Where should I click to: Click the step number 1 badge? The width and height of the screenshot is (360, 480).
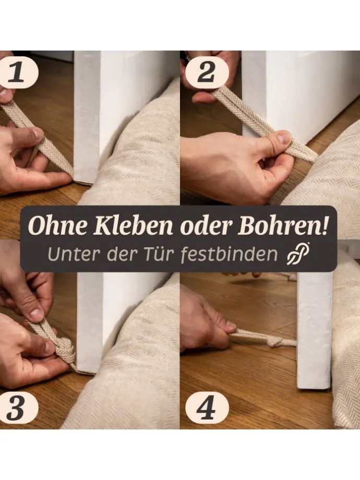point(17,73)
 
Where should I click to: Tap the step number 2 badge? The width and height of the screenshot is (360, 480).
point(207,73)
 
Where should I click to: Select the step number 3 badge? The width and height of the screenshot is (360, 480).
point(17,409)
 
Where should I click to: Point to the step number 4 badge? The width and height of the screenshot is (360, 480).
point(207,409)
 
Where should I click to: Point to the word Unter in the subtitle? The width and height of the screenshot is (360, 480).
point(69,255)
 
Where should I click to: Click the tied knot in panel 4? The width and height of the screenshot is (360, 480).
point(274,341)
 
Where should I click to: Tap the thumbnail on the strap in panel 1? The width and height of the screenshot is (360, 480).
point(37,134)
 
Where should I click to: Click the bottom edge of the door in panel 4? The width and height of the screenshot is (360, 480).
point(314,388)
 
